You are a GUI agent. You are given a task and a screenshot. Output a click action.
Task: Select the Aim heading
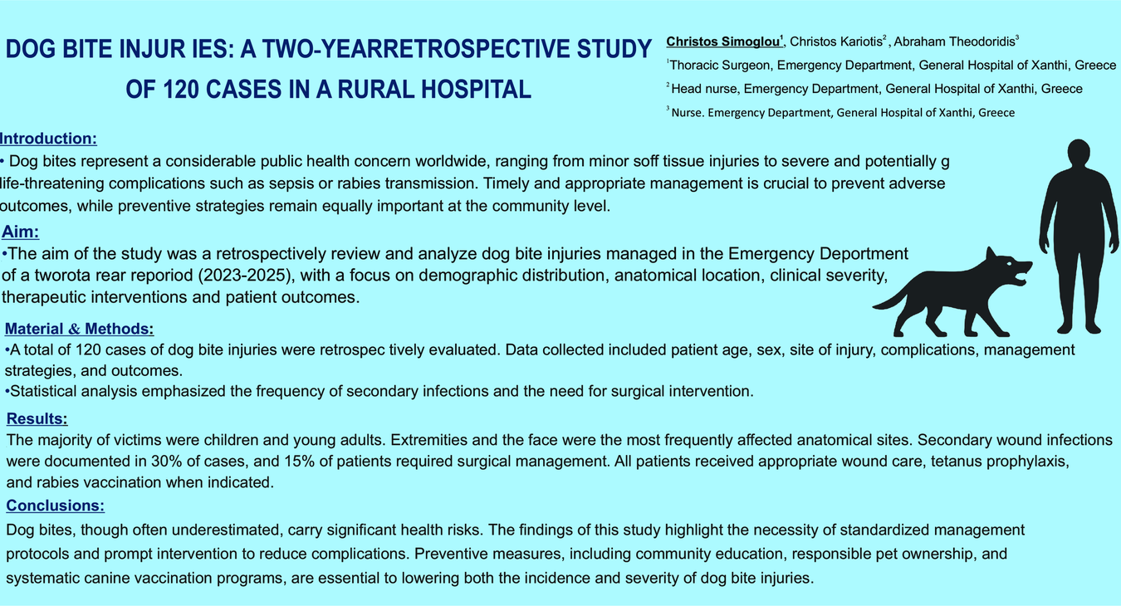[x=21, y=232]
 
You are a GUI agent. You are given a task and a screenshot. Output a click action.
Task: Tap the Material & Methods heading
[x=79, y=329]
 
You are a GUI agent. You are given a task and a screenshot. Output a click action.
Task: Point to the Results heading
[x=37, y=418]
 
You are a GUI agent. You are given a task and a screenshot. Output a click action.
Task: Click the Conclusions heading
[x=55, y=506]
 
